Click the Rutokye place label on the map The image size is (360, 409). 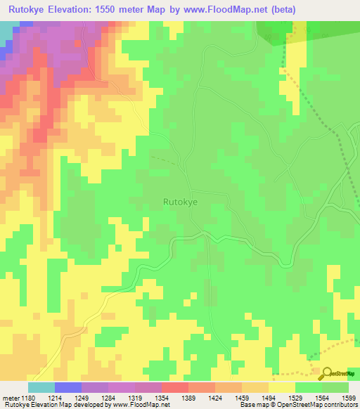(x=180, y=202)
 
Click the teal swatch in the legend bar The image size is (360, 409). (x=41, y=387)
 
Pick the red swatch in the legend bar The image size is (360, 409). (x=175, y=387)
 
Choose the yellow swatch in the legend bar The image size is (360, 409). (x=282, y=387)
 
